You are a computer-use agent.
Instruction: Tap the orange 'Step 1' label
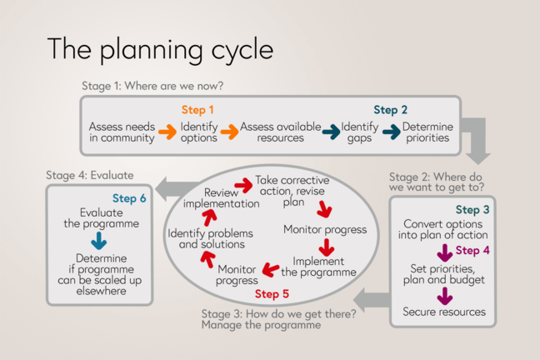(x=198, y=110)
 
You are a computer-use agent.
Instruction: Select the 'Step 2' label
(x=390, y=110)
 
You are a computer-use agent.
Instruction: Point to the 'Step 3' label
(x=472, y=210)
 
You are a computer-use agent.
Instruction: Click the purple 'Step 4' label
(x=474, y=250)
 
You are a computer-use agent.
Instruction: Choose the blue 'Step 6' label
(x=129, y=198)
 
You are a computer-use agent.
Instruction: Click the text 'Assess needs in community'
(x=122, y=132)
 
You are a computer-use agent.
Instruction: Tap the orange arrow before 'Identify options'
(x=168, y=132)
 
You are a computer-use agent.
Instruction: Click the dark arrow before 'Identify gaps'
(x=332, y=132)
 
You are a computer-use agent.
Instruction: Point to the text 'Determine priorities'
(x=426, y=132)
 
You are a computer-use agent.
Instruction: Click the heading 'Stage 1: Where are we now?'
(x=152, y=86)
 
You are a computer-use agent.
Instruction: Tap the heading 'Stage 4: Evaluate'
(x=90, y=175)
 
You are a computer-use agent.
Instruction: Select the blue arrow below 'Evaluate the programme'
(x=99, y=240)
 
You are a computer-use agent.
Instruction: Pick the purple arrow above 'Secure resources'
(x=444, y=294)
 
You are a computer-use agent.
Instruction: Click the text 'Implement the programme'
(x=318, y=267)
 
